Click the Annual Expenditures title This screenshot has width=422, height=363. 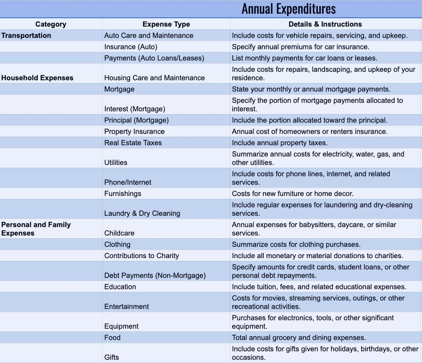(288, 9)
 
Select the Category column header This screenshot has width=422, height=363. (51, 24)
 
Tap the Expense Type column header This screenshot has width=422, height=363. (166, 24)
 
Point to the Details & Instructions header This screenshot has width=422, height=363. (325, 24)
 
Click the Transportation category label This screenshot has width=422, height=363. (26, 35)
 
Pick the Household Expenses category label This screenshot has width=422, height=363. (37, 78)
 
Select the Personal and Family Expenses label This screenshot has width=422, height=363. (36, 229)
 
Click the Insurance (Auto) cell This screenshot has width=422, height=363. (131, 47)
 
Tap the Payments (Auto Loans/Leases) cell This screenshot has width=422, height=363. (154, 58)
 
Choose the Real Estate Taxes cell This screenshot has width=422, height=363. (133, 143)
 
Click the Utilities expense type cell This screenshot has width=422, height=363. (116, 163)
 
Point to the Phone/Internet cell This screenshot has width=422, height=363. (128, 182)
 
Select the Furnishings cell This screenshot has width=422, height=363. (123, 194)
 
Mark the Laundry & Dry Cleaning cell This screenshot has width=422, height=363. (142, 213)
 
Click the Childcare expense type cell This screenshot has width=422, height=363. (119, 233)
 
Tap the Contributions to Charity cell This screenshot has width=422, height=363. (141, 256)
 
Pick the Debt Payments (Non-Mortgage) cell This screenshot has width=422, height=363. (155, 275)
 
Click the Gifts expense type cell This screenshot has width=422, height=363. (112, 357)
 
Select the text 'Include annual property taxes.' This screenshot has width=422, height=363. (279, 143)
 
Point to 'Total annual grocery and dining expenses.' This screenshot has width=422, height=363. (299, 338)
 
